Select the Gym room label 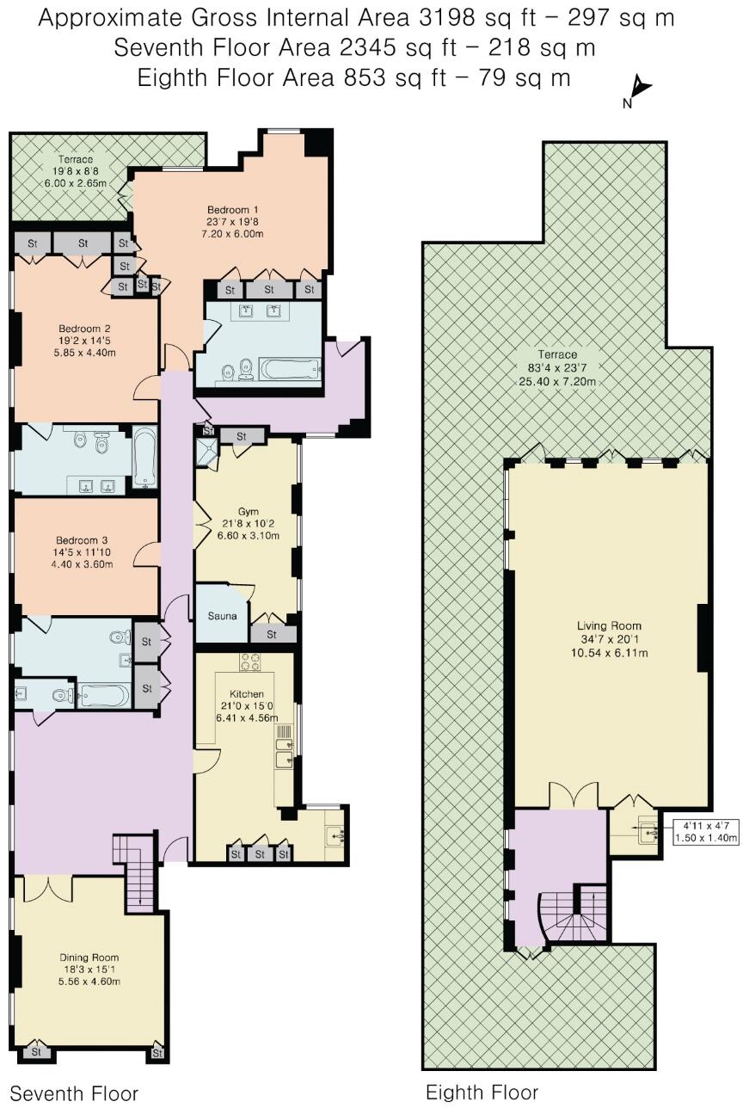[247, 524]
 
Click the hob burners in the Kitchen [250, 662]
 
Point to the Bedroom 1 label [233, 221]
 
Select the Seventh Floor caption [73, 1093]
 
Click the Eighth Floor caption [482, 1092]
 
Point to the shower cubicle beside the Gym [207, 452]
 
